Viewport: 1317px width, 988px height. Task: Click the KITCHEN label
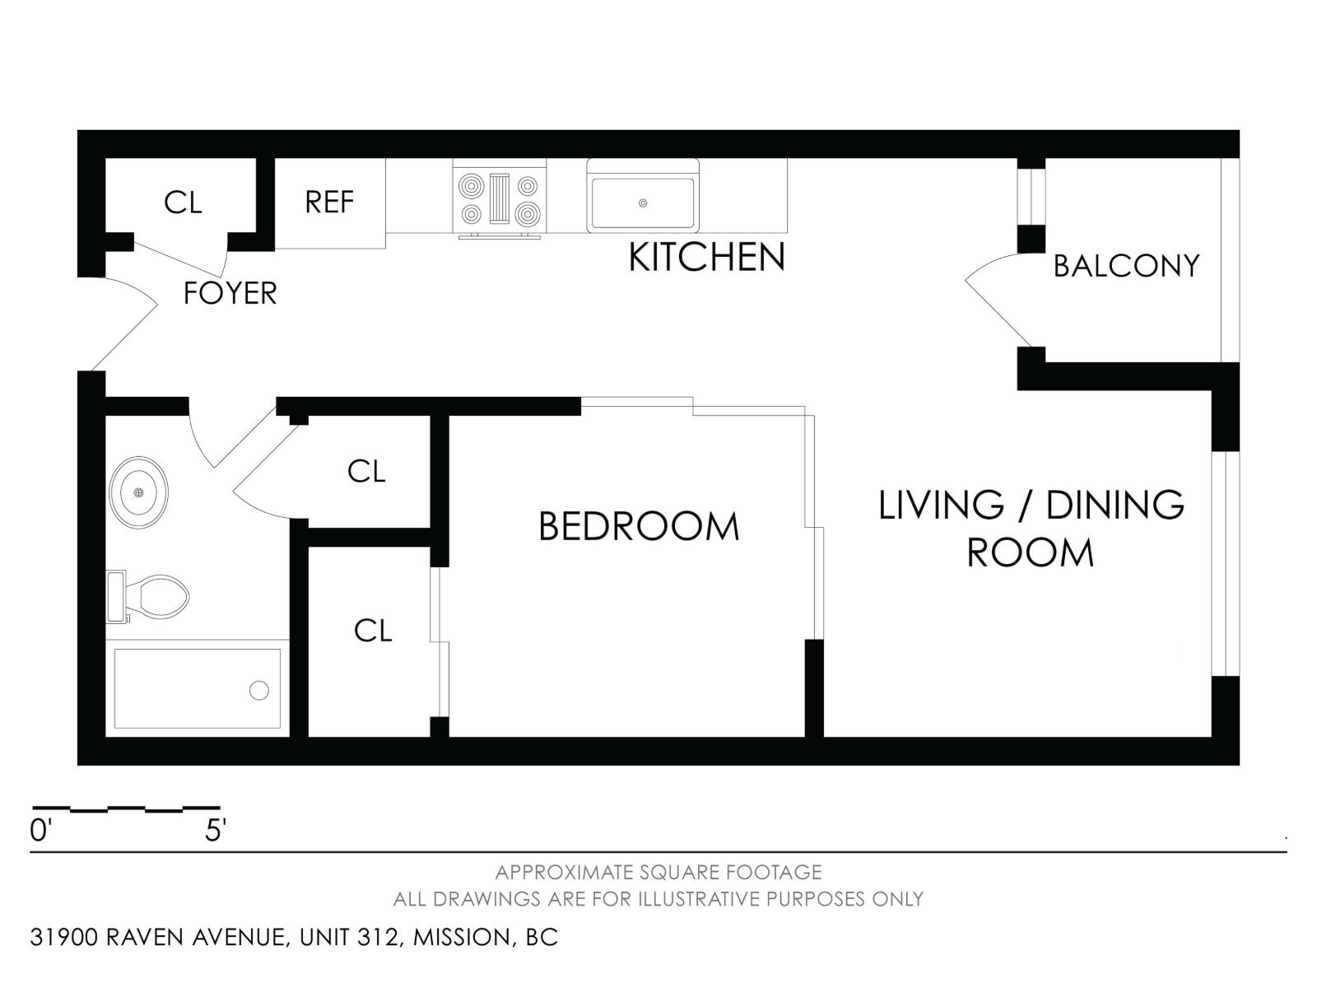(x=706, y=258)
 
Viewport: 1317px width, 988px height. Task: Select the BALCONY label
(x=1126, y=266)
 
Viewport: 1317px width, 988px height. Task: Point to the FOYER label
(x=230, y=293)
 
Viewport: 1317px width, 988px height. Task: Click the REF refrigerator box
(x=329, y=203)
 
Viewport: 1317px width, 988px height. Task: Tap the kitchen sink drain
(x=643, y=203)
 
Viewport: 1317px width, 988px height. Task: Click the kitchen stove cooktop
(x=500, y=199)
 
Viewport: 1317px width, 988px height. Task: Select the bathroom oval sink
(x=138, y=492)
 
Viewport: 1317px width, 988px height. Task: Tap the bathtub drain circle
(x=258, y=690)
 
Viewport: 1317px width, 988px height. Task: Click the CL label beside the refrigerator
(x=183, y=203)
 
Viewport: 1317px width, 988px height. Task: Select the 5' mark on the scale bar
(x=215, y=831)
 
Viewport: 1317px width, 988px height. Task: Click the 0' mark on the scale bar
(x=40, y=831)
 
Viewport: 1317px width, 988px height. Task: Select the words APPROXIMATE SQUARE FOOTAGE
(x=658, y=872)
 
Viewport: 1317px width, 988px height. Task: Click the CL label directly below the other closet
(x=372, y=631)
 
